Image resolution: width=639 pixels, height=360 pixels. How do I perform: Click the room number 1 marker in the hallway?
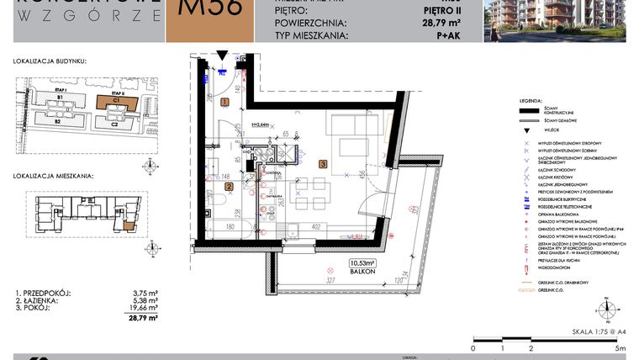224,102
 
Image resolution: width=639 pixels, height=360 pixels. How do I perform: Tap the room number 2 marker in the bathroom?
229,187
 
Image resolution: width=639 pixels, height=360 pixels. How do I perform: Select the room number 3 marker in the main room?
323,165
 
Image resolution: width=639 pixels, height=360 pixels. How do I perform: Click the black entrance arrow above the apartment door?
221,56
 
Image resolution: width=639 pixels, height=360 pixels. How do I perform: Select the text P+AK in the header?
447,37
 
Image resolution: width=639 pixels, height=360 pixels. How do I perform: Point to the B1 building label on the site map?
61,98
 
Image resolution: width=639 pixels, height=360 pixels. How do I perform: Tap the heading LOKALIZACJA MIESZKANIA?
52,177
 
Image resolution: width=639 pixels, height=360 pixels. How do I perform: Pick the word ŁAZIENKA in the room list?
42,301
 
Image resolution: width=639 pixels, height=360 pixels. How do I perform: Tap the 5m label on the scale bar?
620,347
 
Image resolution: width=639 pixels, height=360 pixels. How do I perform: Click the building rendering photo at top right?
561,20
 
